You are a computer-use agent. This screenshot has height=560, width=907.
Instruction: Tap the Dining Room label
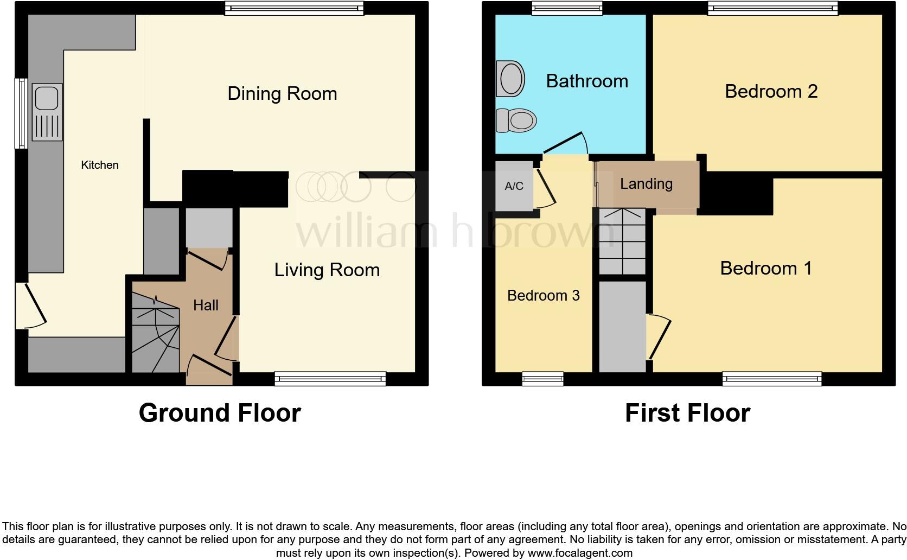(x=282, y=93)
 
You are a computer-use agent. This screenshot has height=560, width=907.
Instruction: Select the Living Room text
(x=327, y=270)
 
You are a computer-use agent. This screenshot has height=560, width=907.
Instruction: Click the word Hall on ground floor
(x=206, y=305)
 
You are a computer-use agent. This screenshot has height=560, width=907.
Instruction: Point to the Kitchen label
(x=100, y=165)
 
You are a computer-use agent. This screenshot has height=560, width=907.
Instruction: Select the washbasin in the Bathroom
(x=510, y=79)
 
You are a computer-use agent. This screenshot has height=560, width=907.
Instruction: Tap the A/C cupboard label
(x=514, y=186)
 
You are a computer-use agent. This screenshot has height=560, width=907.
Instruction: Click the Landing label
(x=646, y=183)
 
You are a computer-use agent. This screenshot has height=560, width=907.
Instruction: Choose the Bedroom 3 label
(x=543, y=295)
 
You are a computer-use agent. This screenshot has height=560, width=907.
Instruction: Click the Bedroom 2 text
(x=771, y=91)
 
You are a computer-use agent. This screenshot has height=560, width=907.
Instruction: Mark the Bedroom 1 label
(x=765, y=268)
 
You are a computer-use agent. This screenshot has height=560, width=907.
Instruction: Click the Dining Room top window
(x=294, y=8)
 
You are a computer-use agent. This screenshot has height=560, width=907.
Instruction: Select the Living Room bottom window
(x=330, y=378)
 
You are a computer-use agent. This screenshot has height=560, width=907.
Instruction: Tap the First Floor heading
(x=687, y=413)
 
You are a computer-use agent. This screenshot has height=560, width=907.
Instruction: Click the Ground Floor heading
(x=220, y=413)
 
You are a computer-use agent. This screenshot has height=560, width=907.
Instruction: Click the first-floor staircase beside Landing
(x=622, y=242)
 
